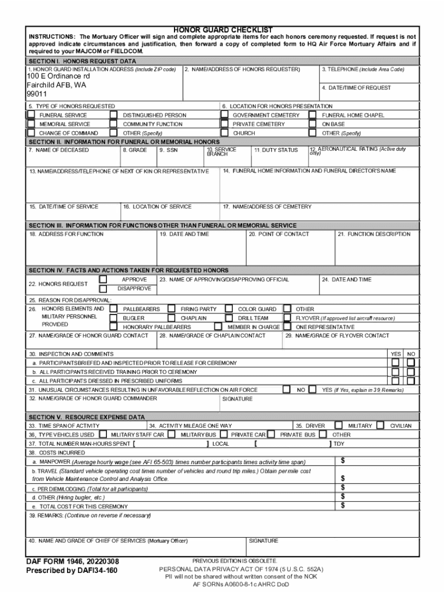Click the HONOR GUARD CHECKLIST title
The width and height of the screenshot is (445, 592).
(x=223, y=29)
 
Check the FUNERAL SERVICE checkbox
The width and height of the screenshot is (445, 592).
(x=31, y=115)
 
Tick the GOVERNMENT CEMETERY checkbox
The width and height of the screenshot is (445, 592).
(x=225, y=115)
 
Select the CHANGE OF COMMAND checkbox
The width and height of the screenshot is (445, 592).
(x=31, y=132)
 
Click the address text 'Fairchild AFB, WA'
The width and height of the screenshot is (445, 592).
(x=56, y=84)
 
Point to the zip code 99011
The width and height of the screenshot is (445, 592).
(x=36, y=94)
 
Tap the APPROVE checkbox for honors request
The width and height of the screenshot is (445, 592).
(x=103, y=279)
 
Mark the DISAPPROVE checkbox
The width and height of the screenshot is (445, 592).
(x=103, y=288)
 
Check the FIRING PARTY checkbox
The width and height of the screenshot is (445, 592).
(x=172, y=309)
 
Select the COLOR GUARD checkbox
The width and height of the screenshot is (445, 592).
(x=229, y=309)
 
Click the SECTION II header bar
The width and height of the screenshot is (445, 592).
(x=222, y=142)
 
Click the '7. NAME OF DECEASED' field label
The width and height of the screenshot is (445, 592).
(x=58, y=150)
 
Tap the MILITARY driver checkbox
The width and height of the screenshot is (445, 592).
(x=339, y=425)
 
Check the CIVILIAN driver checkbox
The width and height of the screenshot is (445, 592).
(x=380, y=425)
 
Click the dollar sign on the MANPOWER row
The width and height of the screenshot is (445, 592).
(x=343, y=461)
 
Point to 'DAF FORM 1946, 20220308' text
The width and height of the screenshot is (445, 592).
(x=72, y=561)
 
